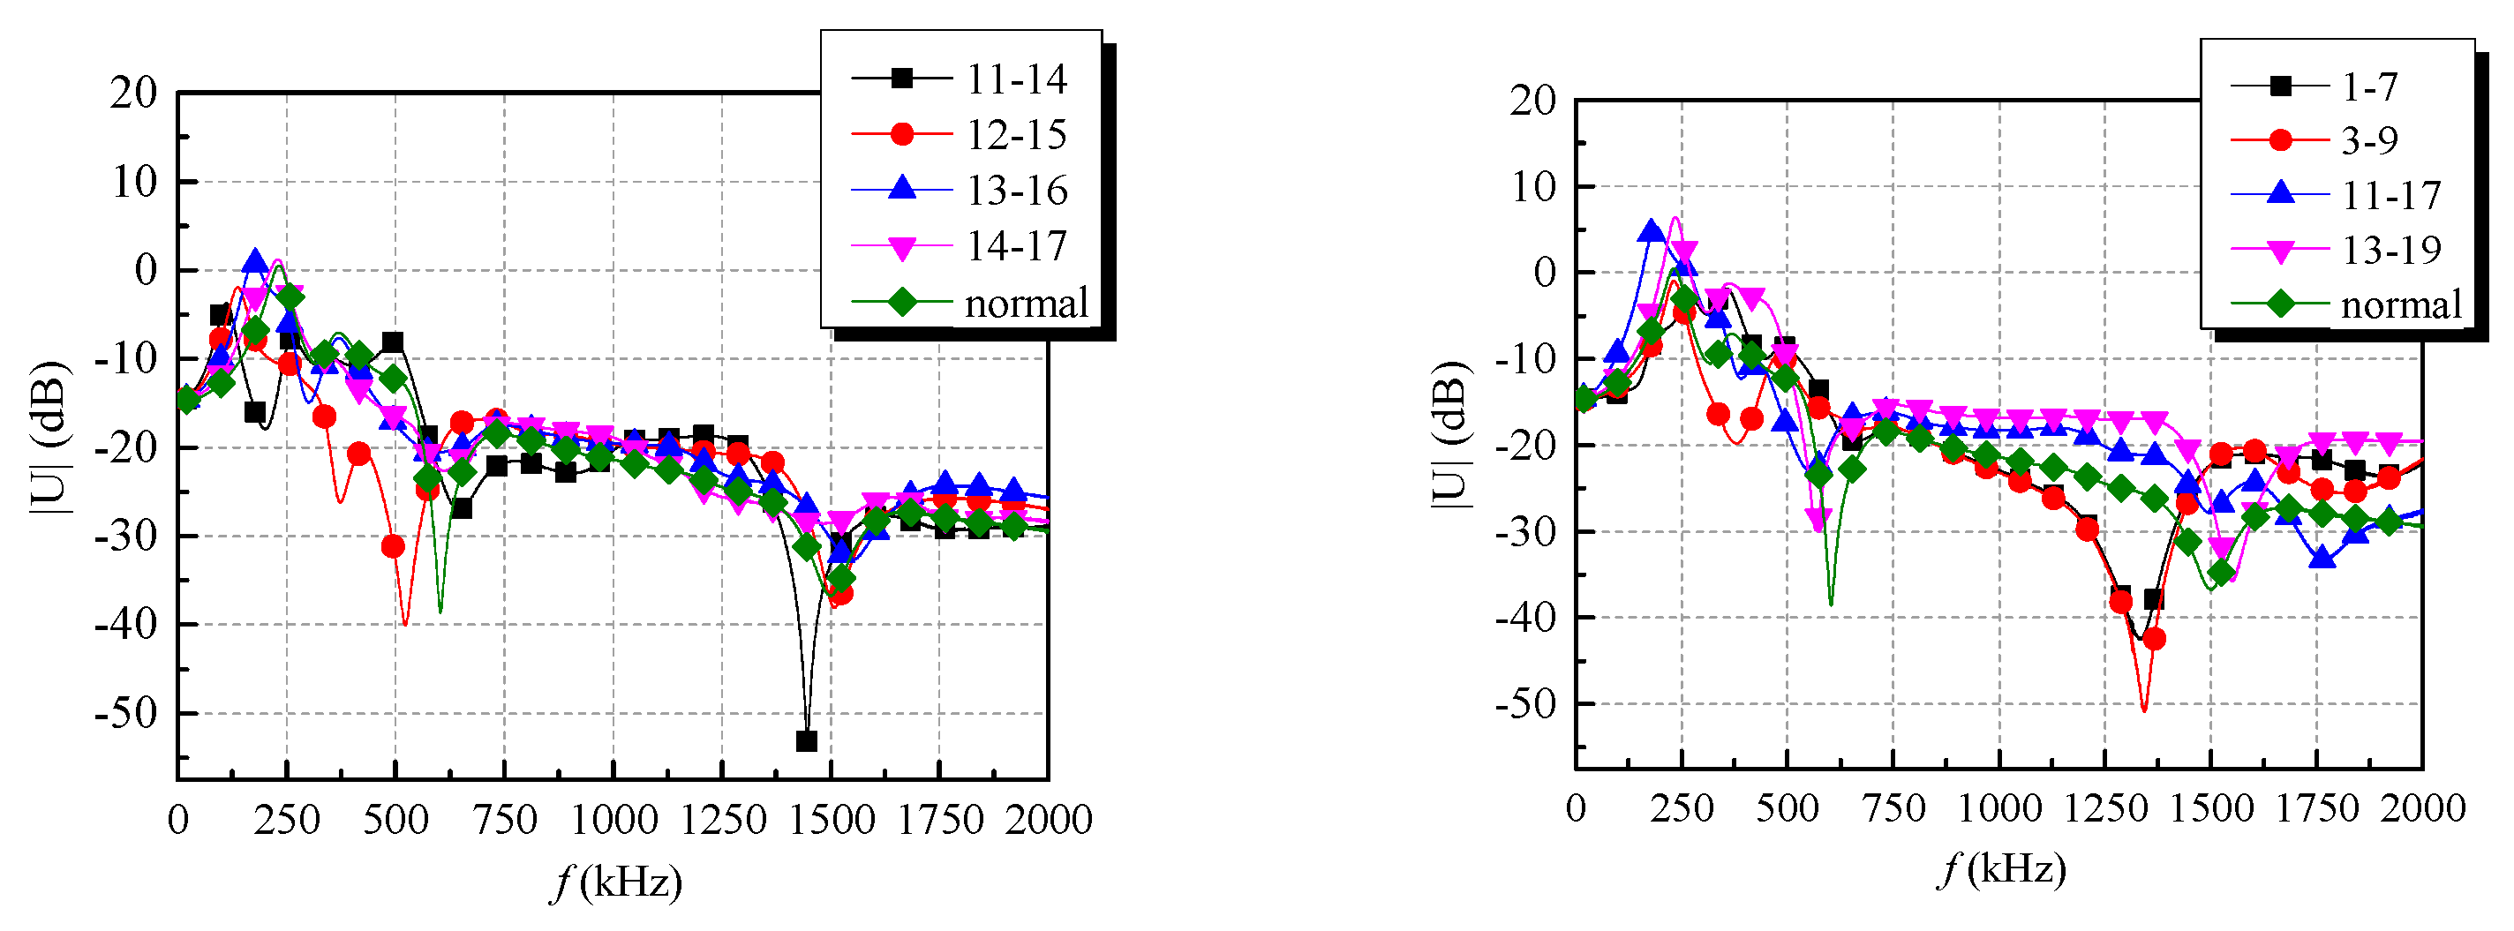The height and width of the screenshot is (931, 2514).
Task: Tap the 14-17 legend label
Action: coord(1015,246)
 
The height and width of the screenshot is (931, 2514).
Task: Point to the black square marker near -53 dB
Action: coord(806,740)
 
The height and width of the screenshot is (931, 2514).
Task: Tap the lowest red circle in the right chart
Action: coord(2155,639)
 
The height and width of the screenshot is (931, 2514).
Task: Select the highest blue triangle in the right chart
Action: coord(1651,231)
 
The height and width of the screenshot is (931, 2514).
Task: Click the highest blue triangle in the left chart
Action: coord(255,260)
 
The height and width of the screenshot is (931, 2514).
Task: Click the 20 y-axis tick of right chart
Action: coord(1532,100)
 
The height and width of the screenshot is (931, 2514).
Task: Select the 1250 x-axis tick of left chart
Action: coord(722,820)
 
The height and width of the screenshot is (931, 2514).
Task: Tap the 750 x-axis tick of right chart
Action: coord(1893,808)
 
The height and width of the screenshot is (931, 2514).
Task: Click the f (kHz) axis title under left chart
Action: coord(616,882)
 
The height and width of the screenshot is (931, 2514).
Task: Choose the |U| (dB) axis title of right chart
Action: coord(1450,434)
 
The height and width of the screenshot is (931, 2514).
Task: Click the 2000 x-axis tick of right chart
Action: coord(2422,808)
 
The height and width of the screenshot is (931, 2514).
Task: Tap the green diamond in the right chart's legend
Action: coord(2280,304)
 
